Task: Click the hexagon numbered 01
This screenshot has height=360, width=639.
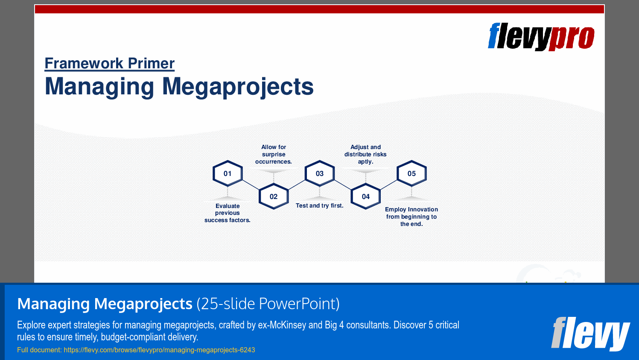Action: pos(228,173)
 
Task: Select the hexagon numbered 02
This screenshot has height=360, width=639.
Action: pos(274,196)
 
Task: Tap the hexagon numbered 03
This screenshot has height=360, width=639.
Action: pos(320,173)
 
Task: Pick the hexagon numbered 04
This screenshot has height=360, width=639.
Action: pos(366,196)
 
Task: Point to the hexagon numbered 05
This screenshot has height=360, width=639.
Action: pos(411,173)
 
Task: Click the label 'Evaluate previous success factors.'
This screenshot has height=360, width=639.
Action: pos(228,213)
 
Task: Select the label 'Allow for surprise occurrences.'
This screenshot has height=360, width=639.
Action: pos(274,154)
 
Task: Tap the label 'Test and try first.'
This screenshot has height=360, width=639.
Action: pos(320,206)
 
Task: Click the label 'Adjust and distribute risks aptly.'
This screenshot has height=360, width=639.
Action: pos(365,154)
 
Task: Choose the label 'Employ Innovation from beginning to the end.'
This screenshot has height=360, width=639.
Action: pos(411,217)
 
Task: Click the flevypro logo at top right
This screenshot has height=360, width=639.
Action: pos(541,37)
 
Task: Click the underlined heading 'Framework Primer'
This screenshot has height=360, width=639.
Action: pos(110,64)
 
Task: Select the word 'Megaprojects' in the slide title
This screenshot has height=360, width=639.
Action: pos(238,87)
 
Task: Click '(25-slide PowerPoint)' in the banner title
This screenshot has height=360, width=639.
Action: pos(268,304)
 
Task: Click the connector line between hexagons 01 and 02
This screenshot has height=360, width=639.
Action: pos(251,185)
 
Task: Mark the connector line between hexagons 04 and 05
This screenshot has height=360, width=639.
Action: pos(389,185)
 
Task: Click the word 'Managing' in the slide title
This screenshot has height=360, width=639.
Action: pos(99,87)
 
